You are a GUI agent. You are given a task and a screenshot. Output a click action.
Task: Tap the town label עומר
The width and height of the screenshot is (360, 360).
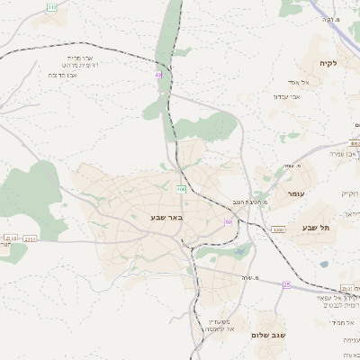(x=298, y=194)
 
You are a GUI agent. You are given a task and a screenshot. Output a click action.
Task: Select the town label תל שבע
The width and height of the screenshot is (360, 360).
(x=317, y=228)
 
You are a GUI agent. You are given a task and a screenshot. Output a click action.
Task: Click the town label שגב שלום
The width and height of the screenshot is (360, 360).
(x=271, y=335)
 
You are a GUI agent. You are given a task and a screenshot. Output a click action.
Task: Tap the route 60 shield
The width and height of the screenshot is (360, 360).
(x=229, y=220)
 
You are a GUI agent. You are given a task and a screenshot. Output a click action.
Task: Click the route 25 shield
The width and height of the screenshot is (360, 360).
(x=286, y=284)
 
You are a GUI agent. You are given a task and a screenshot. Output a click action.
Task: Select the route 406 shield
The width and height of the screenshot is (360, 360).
(x=181, y=189)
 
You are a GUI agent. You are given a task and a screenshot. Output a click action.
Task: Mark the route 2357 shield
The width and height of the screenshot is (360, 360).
(x=30, y=238)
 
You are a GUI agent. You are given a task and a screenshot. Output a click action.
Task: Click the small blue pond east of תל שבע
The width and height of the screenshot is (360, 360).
(x=323, y=265)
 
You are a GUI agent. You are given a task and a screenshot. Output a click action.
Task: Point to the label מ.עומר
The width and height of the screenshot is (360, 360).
(x=290, y=166)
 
